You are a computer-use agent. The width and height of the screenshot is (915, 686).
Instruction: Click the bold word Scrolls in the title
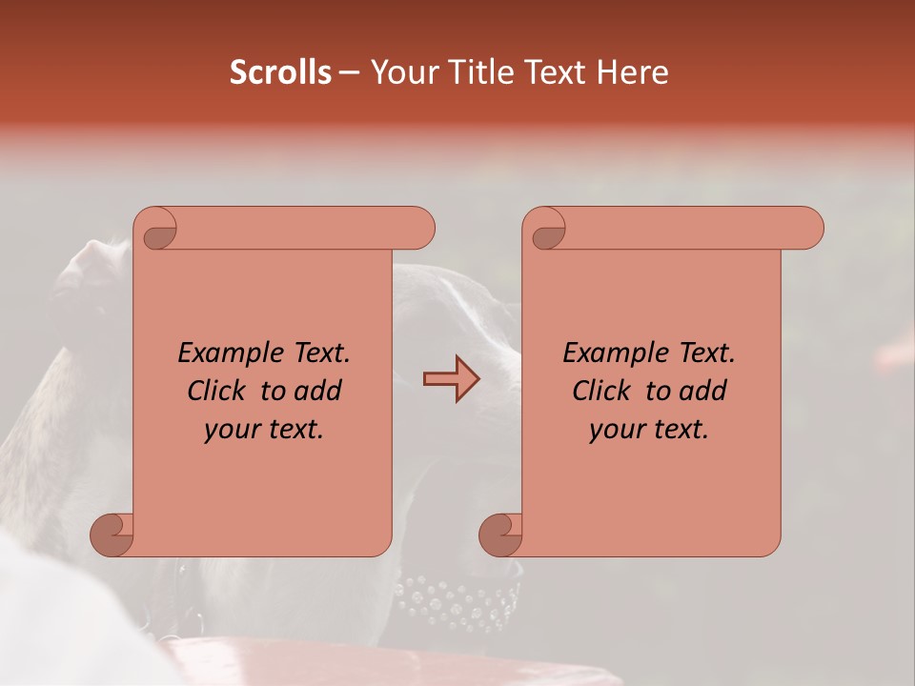(280, 72)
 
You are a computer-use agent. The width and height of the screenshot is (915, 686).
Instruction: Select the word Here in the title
(633, 72)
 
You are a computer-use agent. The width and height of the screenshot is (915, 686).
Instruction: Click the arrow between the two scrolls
(451, 379)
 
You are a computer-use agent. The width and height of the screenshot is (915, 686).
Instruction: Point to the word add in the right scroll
(701, 391)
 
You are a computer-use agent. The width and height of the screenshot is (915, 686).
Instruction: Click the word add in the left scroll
(315, 391)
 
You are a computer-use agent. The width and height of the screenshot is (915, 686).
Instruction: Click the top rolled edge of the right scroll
(686, 228)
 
